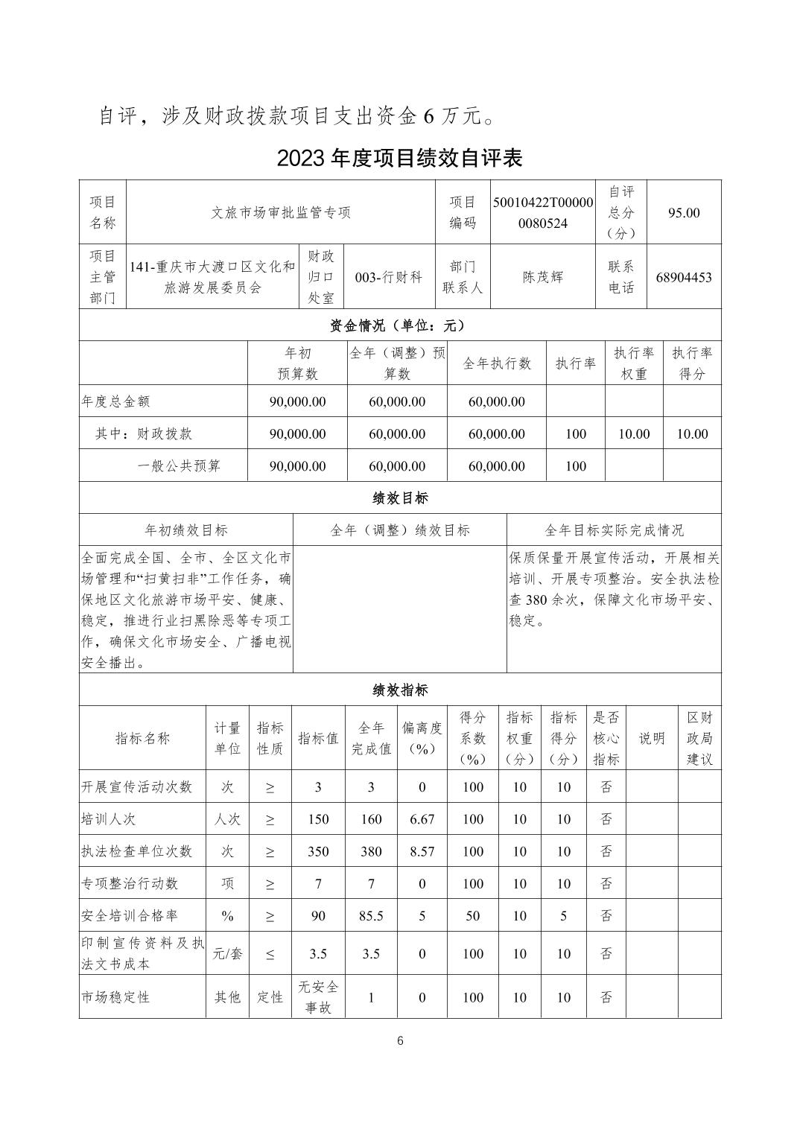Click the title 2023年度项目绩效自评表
click(x=399, y=158)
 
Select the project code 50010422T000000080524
click(x=543, y=212)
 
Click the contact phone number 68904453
click(x=684, y=277)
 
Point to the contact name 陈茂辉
click(x=543, y=277)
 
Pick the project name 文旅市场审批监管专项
click(x=281, y=212)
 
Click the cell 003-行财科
click(x=389, y=277)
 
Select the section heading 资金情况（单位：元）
click(x=399, y=325)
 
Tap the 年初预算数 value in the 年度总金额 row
click(x=297, y=401)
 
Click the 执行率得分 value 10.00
click(x=692, y=433)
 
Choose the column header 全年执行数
click(x=497, y=363)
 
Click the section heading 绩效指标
click(x=399, y=690)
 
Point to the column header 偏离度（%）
click(x=422, y=738)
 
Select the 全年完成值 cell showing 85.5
click(x=371, y=916)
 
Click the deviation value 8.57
click(x=422, y=851)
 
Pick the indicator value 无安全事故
click(x=318, y=997)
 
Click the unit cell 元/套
click(x=228, y=953)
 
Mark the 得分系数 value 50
click(x=473, y=916)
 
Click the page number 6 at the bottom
click(x=400, y=1041)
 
